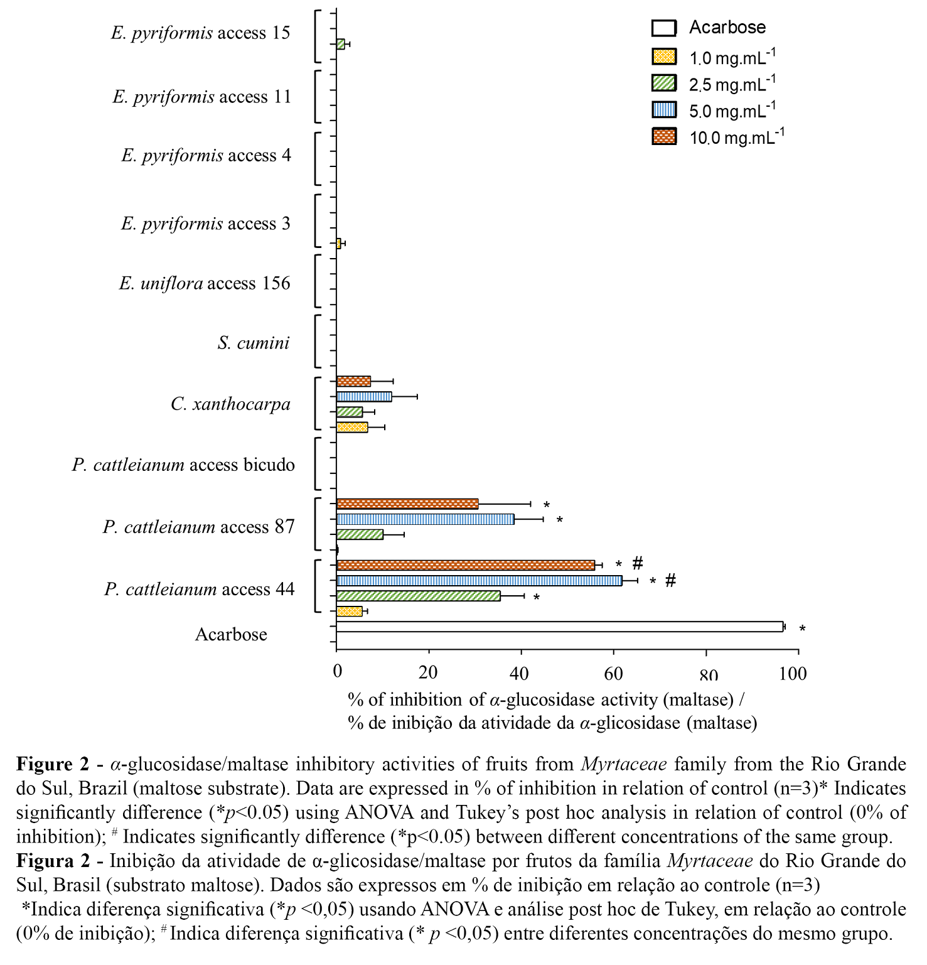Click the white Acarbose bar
click(559, 627)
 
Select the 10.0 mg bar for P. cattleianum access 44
click(465, 565)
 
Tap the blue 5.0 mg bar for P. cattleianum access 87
click(425, 519)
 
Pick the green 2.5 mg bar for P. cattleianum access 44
click(418, 596)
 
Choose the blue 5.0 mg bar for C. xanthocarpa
click(364, 397)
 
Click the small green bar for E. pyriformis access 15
click(341, 44)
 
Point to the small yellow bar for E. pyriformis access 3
click(339, 244)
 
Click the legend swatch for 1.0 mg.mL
click(664, 57)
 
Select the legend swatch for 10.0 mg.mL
click(664, 136)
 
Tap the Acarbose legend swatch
click(664, 28)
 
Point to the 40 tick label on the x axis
click(519, 674)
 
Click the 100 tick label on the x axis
click(793, 674)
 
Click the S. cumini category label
click(254, 343)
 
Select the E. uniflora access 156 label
click(205, 283)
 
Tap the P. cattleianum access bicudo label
click(183, 465)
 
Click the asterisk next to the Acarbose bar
click(802, 629)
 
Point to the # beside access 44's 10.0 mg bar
click(638, 563)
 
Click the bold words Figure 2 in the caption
click(53, 764)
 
